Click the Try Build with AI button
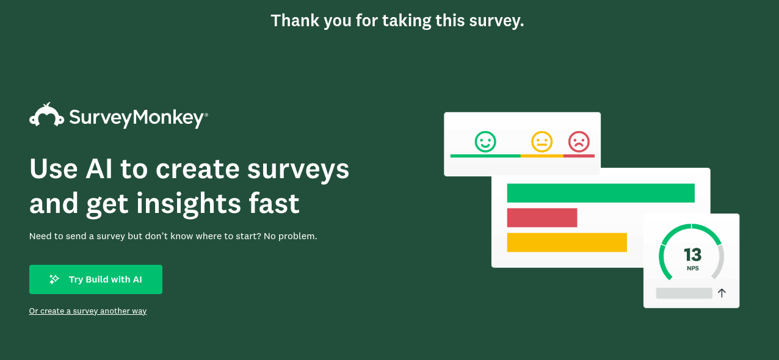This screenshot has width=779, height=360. (x=96, y=279)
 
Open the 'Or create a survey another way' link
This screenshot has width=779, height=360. (x=88, y=311)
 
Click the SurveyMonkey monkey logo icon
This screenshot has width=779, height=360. (x=46, y=115)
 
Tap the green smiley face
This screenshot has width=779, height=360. (x=485, y=142)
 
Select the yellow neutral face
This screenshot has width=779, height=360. (x=542, y=142)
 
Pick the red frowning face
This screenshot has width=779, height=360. (x=579, y=142)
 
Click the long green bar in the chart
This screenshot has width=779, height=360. (x=601, y=193)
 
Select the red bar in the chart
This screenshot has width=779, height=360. (x=542, y=218)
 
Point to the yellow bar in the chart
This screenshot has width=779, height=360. (x=567, y=242)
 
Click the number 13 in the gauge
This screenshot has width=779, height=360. (x=692, y=254)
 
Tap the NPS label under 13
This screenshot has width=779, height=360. (x=693, y=268)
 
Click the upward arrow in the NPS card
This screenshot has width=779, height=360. (x=722, y=293)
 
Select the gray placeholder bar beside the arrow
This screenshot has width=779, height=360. (x=684, y=293)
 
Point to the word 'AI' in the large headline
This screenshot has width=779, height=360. (x=99, y=169)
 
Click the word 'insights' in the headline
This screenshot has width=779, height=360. (x=188, y=204)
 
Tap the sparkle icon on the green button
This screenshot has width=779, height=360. (x=54, y=279)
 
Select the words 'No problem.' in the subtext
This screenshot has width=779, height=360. (x=291, y=236)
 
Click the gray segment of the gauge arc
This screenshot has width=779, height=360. (x=720, y=261)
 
